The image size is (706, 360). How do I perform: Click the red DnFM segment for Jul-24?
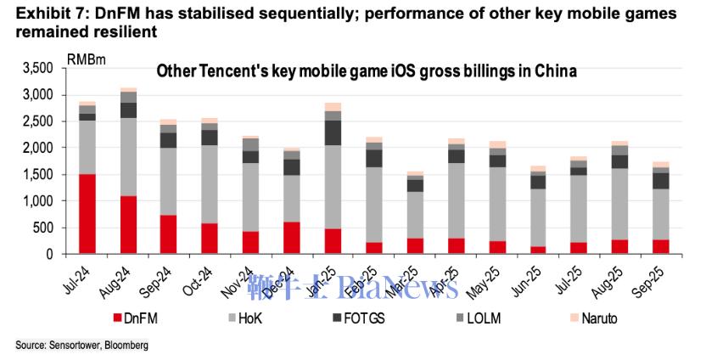point(87,214)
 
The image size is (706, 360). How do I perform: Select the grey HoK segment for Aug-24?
point(129,156)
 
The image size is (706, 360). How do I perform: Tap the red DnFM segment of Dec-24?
point(291,238)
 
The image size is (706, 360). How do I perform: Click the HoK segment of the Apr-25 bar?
point(457,200)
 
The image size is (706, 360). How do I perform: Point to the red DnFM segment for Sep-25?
point(661,246)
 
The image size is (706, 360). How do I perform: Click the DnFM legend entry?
point(137,318)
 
